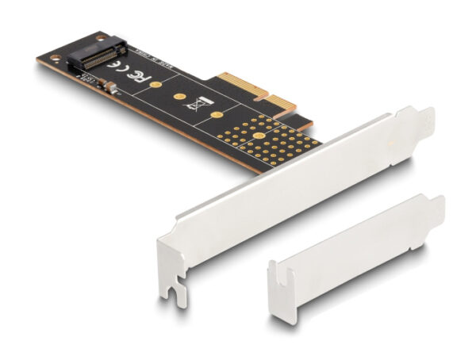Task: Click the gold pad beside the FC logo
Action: point(156,84)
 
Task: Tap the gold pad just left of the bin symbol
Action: point(179,98)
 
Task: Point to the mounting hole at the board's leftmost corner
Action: point(45,58)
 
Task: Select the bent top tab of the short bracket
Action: point(436,205)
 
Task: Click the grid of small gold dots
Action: point(270,139)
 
